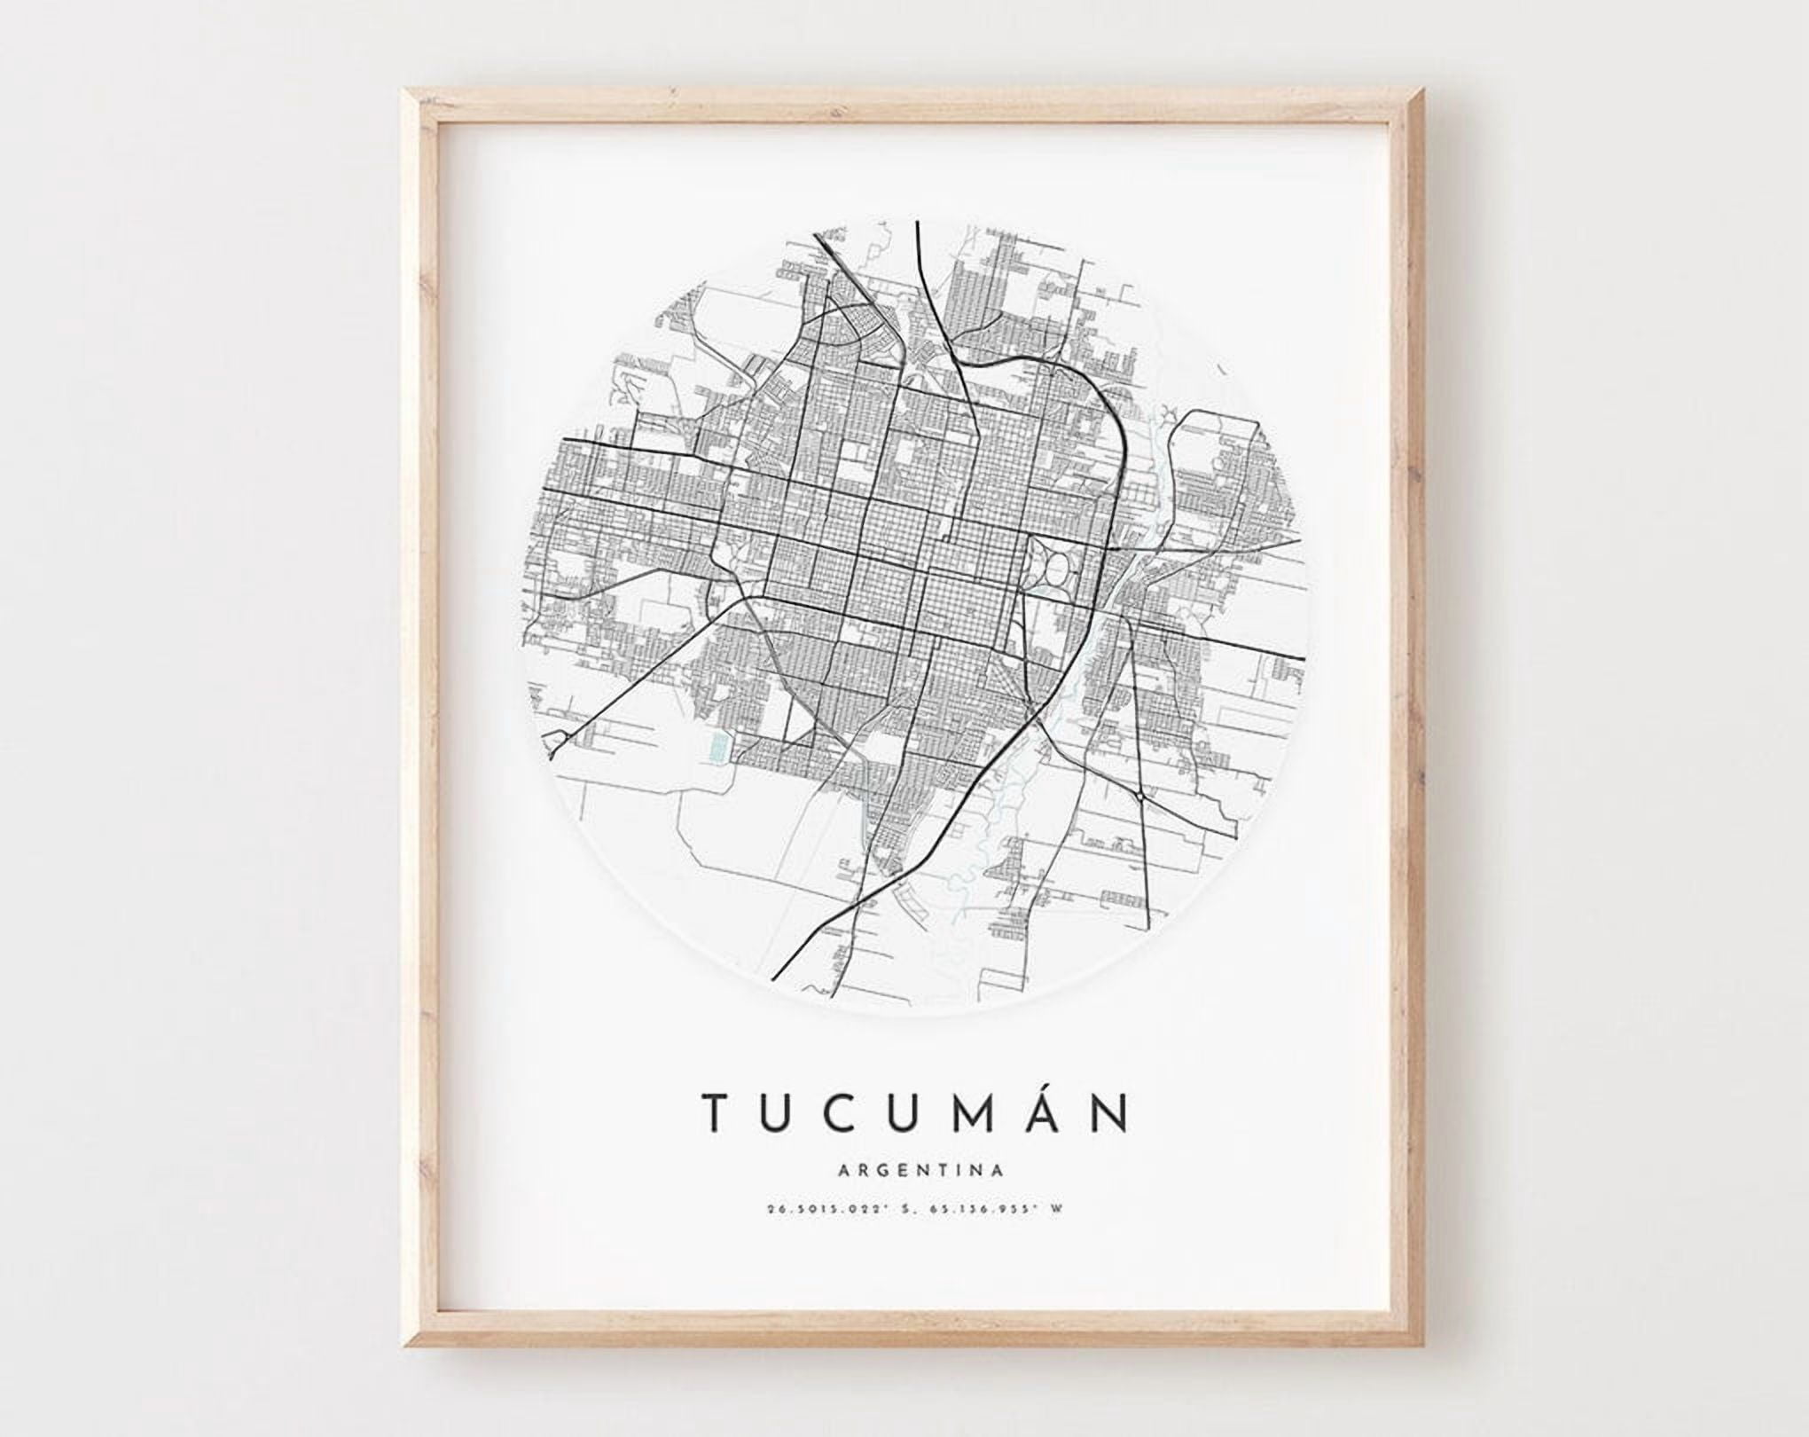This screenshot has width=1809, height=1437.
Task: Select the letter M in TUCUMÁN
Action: pos(974,1111)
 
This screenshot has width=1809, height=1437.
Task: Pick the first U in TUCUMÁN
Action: pos(775,1111)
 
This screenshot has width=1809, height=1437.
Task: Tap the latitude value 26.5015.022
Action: pos(815,1208)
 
